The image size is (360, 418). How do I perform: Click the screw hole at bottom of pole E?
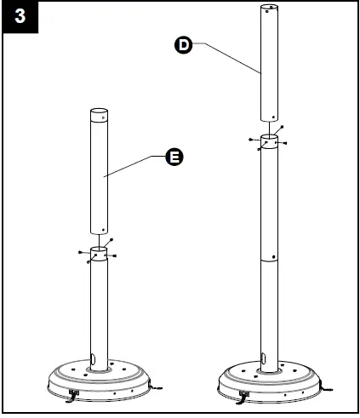tap(104, 227)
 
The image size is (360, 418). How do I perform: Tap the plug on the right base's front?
tap(243, 395)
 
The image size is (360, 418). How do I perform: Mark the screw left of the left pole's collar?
tap(79, 252)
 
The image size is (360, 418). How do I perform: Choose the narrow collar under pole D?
tap(270, 142)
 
